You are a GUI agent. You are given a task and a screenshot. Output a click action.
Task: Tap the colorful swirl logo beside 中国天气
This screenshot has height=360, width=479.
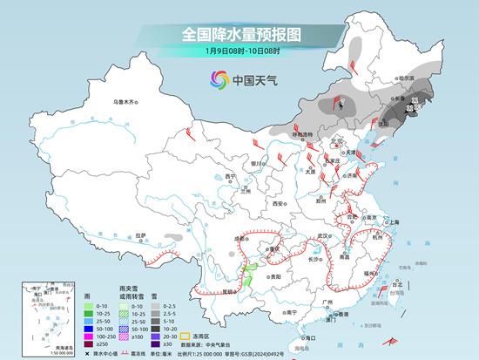[x=219, y=80]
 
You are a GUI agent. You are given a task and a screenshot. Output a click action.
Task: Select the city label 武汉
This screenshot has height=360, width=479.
[x=324, y=235]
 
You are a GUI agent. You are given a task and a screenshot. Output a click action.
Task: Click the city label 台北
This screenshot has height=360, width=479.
[x=399, y=284]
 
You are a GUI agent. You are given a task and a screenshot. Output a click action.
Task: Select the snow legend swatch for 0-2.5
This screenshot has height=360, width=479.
[x=155, y=307]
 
